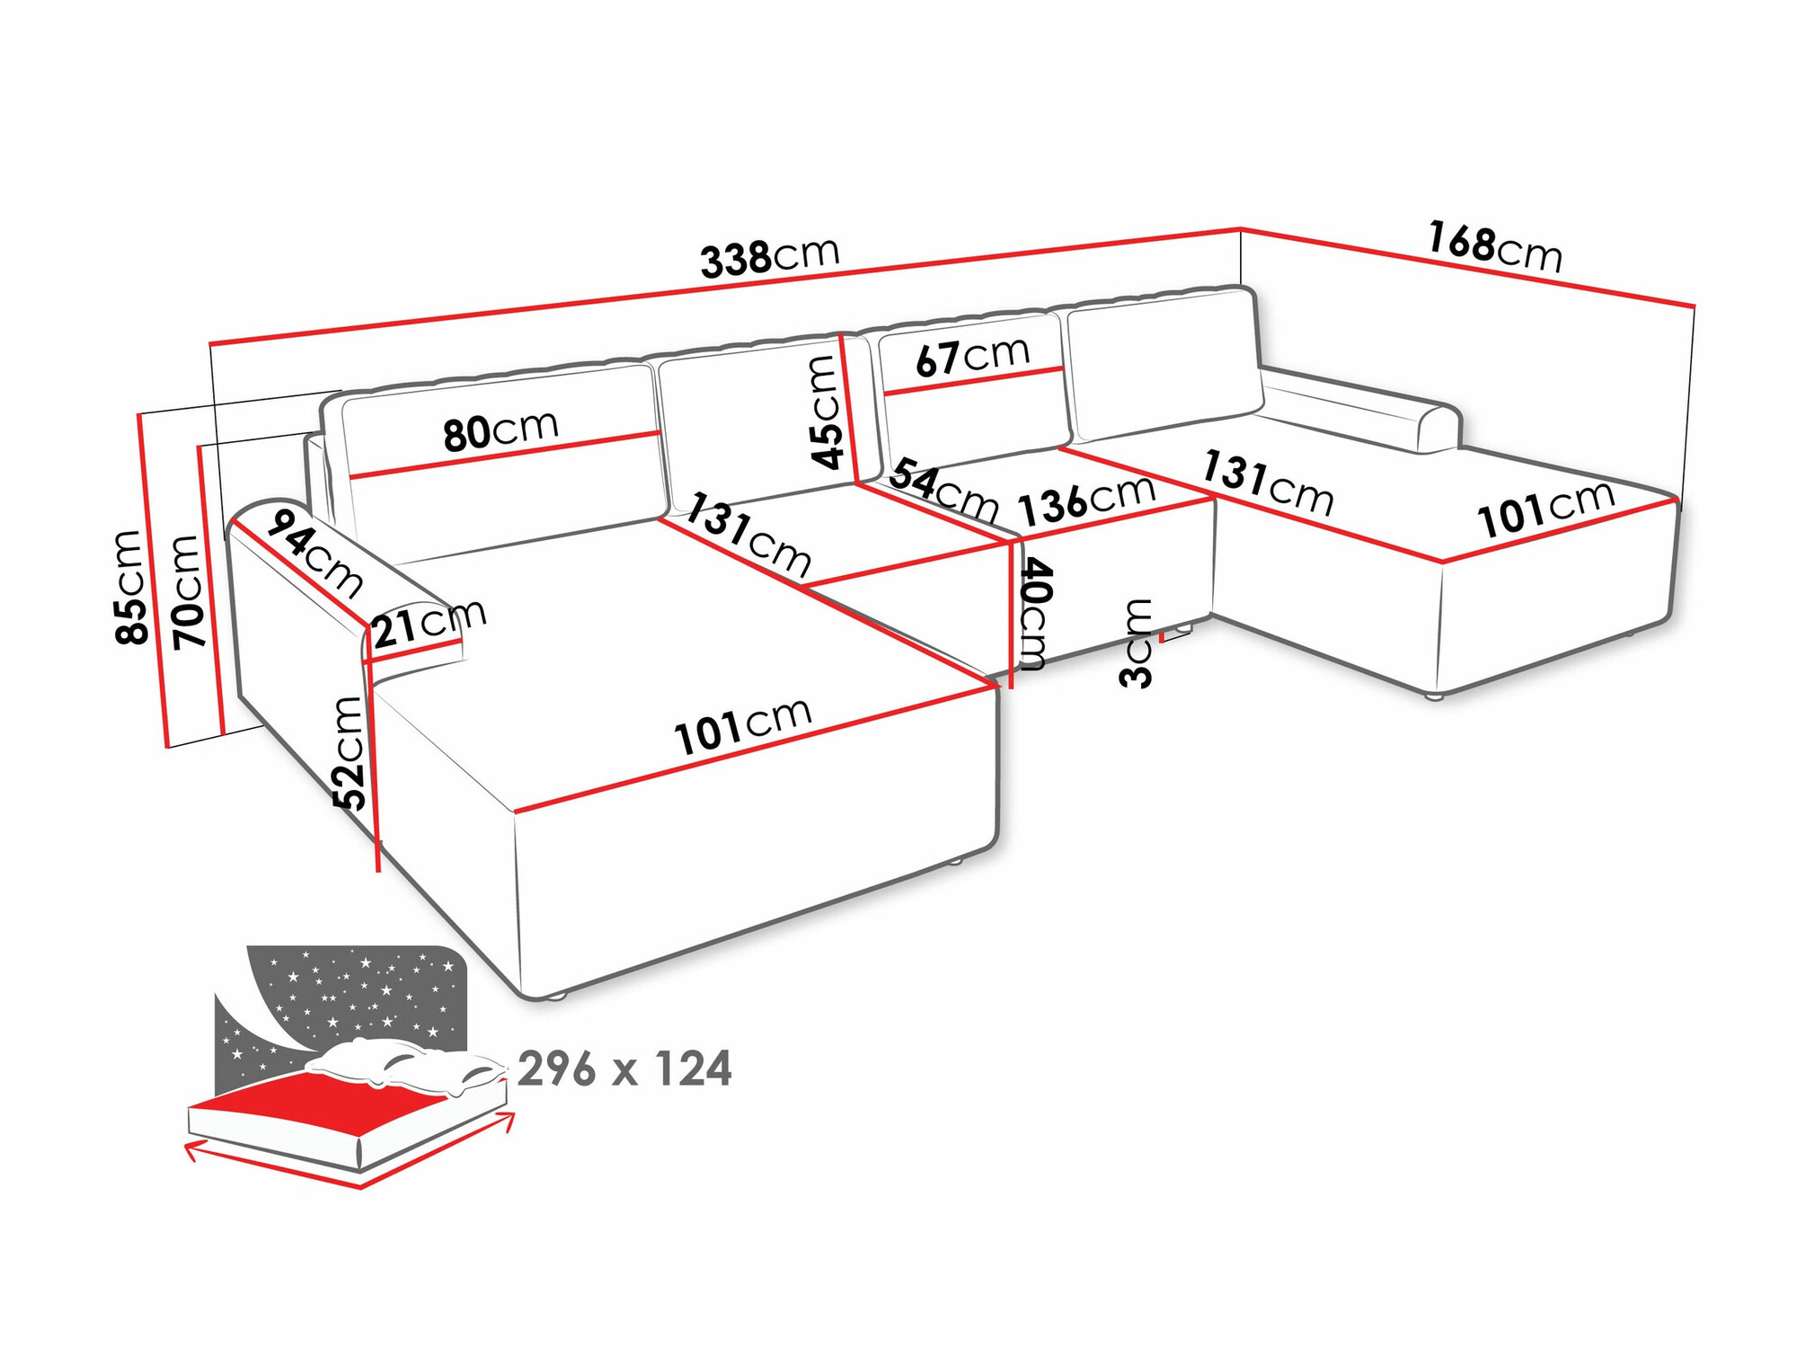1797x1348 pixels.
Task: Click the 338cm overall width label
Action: [x=769, y=257]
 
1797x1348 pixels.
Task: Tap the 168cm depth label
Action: [x=1495, y=246]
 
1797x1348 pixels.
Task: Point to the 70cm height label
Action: [x=188, y=591]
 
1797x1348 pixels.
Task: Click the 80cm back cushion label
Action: [x=500, y=430]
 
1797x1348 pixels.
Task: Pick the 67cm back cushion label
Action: [x=972, y=357]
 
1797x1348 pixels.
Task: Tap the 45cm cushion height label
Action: [x=827, y=412]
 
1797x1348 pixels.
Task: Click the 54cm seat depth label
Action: [x=944, y=491]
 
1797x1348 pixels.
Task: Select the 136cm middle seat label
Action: [x=1086, y=500]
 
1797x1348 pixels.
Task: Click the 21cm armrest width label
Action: [x=429, y=622]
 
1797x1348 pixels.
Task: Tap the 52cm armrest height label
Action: [x=350, y=753]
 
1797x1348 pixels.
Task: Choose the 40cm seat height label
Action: [x=1033, y=615]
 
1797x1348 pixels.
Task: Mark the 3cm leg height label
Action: [x=1137, y=643]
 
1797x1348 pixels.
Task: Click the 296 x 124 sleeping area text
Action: [x=624, y=1069]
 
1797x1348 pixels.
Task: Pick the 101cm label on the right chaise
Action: [x=1545, y=510]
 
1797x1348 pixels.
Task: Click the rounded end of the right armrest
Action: [x=1440, y=430]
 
